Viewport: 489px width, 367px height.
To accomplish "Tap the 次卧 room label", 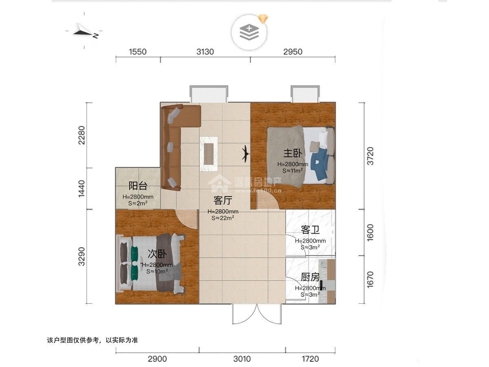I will pyautogui.click(x=157, y=254).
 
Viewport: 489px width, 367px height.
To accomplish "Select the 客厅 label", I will pyautogui.click(x=223, y=200).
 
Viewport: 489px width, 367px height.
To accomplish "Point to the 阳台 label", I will pyautogui.click(x=138, y=186).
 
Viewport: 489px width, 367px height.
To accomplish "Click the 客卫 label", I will pyautogui.click(x=310, y=230).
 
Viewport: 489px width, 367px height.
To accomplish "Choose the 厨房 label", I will pyautogui.click(x=310, y=278).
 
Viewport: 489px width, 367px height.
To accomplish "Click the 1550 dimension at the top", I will pyautogui.click(x=138, y=52).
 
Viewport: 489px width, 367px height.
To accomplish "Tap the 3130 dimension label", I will pyautogui.click(x=205, y=52).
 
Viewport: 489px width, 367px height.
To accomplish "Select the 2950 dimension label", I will pyautogui.click(x=293, y=52).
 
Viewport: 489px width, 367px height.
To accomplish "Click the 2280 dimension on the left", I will pyautogui.click(x=82, y=135).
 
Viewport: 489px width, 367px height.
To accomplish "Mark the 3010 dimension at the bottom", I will pyautogui.click(x=242, y=359).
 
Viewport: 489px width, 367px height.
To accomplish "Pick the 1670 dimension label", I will pyautogui.click(x=370, y=279).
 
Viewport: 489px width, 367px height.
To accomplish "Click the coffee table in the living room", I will pyautogui.click(x=209, y=154).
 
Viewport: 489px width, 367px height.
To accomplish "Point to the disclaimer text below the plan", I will pyautogui.click(x=93, y=340).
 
